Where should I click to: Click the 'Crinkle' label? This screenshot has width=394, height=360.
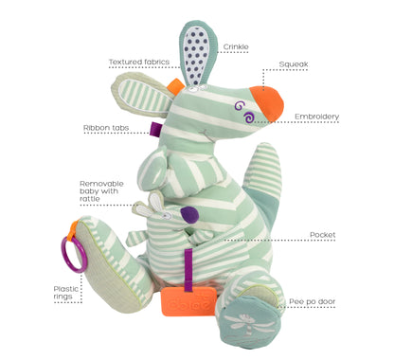point(236,46)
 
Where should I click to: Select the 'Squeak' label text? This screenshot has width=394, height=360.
point(294,64)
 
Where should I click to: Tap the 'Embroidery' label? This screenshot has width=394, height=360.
point(316,117)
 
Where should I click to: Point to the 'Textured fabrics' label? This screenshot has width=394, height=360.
point(139,62)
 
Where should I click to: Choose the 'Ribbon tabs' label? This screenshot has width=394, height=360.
point(106,128)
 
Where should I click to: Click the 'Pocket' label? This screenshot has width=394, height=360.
point(322,235)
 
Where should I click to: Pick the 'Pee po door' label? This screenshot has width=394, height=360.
point(313,301)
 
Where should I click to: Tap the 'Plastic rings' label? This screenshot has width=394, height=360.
point(65,293)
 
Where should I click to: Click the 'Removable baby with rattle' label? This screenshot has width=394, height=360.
point(101,191)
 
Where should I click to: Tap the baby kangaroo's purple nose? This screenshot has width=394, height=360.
point(189,214)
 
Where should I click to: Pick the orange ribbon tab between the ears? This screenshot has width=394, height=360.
point(175,86)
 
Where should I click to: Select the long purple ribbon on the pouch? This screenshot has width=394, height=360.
point(188,270)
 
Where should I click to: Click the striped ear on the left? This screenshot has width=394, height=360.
point(141,95)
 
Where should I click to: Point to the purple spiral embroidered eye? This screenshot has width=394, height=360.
point(248,117)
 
